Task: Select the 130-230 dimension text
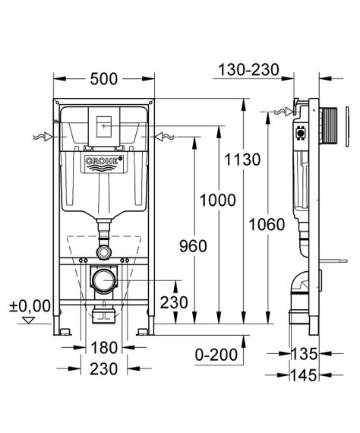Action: click(x=248, y=70)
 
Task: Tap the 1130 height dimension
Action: click(x=242, y=160)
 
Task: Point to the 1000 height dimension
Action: click(x=219, y=201)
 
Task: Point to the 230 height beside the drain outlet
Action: click(x=173, y=286)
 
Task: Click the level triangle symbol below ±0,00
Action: click(x=29, y=320)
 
